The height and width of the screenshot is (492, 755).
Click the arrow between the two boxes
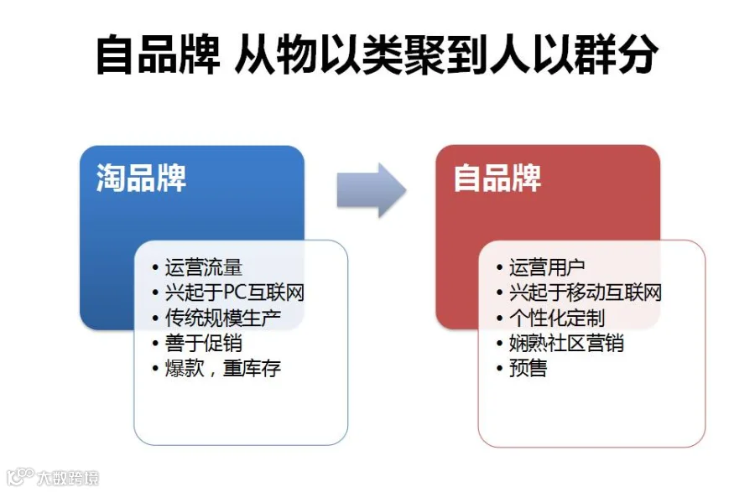point(372,190)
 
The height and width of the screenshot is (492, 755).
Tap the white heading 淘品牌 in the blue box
point(141,179)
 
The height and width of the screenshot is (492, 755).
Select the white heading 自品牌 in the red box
point(497,179)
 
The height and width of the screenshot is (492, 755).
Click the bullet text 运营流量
point(204,267)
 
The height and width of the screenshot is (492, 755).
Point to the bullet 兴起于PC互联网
point(235,293)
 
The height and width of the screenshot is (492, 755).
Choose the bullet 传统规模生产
point(223,318)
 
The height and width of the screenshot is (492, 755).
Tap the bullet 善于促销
point(204,343)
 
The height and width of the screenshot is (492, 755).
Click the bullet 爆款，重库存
point(223,369)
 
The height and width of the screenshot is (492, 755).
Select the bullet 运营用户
point(548,267)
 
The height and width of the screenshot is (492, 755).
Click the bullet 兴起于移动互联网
point(586,293)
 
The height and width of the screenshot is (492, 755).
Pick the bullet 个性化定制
point(557,318)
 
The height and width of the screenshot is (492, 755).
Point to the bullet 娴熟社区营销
point(567,343)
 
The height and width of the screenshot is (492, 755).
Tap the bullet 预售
point(528,369)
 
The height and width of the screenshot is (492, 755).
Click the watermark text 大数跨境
point(69,478)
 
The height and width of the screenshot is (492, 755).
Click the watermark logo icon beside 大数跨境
point(20,477)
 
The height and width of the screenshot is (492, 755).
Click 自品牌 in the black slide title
point(158,54)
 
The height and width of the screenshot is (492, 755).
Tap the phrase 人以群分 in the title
point(574,54)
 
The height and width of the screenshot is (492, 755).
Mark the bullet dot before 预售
point(499,369)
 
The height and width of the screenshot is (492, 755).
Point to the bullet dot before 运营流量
point(155,268)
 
